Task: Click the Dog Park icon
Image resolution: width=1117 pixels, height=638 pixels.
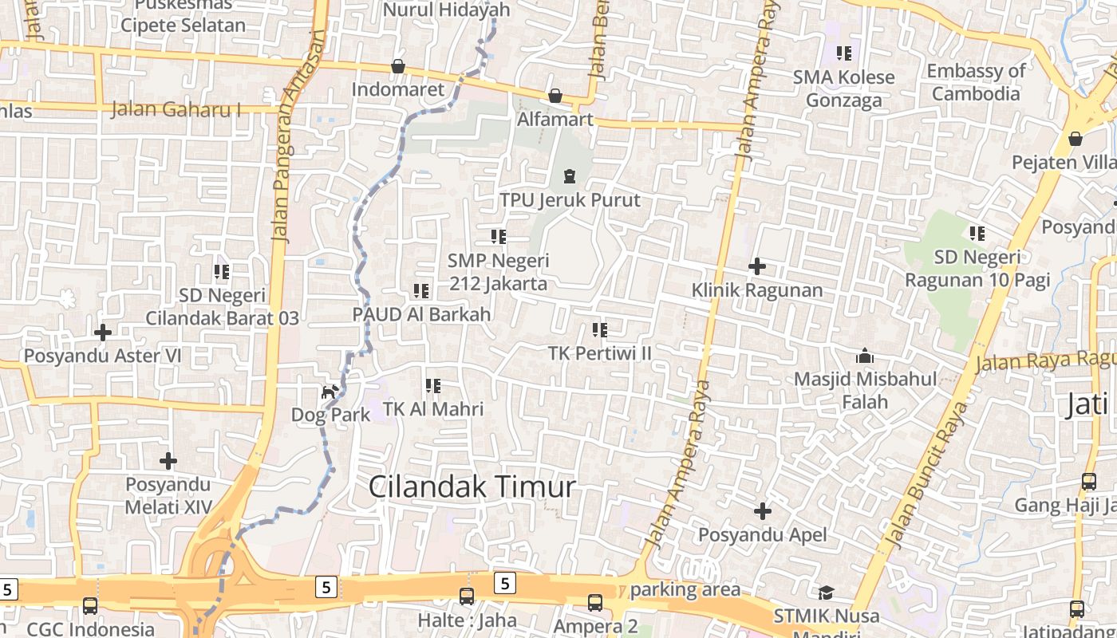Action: pyautogui.click(x=330, y=392)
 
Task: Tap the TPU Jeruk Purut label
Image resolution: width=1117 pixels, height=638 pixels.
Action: pyautogui.click(x=570, y=199)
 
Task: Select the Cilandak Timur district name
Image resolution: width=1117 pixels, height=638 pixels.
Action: pyautogui.click(x=472, y=486)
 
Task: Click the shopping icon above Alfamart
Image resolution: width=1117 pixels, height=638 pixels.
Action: pyautogui.click(x=555, y=96)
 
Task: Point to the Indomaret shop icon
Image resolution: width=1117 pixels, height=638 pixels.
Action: pyautogui.click(x=398, y=66)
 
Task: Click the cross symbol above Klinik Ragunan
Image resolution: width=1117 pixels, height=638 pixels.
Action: pyautogui.click(x=757, y=266)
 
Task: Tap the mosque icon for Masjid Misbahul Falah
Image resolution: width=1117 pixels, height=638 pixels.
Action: pyautogui.click(x=864, y=356)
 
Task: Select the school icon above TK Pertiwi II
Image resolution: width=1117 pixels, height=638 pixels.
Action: pyautogui.click(x=599, y=329)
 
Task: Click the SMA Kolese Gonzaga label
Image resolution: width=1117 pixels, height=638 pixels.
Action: pyautogui.click(x=843, y=89)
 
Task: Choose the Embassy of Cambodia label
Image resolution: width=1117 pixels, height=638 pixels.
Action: pyautogui.click(x=976, y=82)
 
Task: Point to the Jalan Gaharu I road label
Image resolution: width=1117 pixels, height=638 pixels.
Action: pyautogui.click(x=176, y=109)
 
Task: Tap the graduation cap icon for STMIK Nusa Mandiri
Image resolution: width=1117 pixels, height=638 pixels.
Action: pyautogui.click(x=826, y=593)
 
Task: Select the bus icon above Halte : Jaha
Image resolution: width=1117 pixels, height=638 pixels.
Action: pyautogui.click(x=466, y=597)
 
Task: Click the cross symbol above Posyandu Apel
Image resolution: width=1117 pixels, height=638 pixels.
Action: pyautogui.click(x=763, y=510)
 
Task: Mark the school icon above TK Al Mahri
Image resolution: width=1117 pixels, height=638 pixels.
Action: pyautogui.click(x=433, y=386)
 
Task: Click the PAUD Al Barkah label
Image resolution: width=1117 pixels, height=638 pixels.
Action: pyautogui.click(x=421, y=314)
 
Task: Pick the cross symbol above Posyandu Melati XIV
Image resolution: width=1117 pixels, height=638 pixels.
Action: pyautogui.click(x=168, y=461)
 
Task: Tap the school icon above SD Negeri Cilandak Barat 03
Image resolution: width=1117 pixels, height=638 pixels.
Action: pyautogui.click(x=222, y=272)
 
